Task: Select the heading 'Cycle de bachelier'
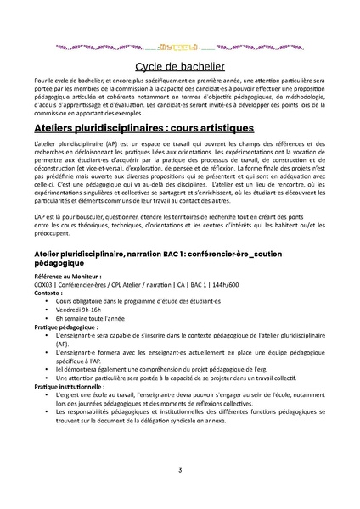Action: (x=179, y=67)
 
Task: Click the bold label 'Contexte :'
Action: (x=49, y=292)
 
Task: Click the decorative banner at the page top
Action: (x=180, y=48)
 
